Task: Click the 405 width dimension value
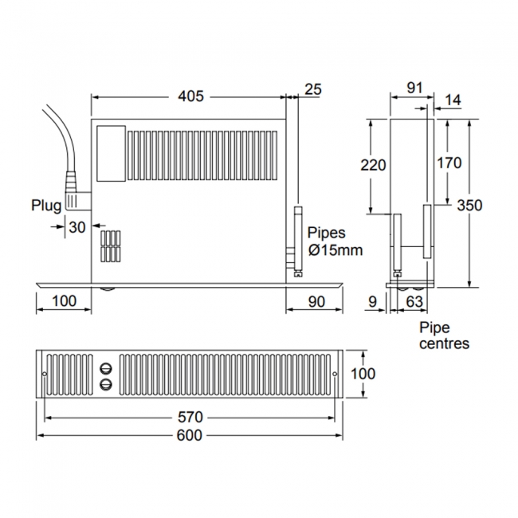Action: tap(190, 96)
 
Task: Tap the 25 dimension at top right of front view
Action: tap(313, 89)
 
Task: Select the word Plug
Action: tap(46, 206)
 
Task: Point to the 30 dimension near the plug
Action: tap(77, 227)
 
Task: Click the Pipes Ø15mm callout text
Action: tap(335, 241)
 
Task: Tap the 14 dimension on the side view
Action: tap(452, 100)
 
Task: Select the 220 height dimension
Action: tap(373, 165)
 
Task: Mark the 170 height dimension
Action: tap(449, 163)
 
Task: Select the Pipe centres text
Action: tap(444, 336)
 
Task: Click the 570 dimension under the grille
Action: tap(190, 417)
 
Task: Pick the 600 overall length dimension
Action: tap(190, 435)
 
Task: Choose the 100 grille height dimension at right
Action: tap(362, 374)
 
